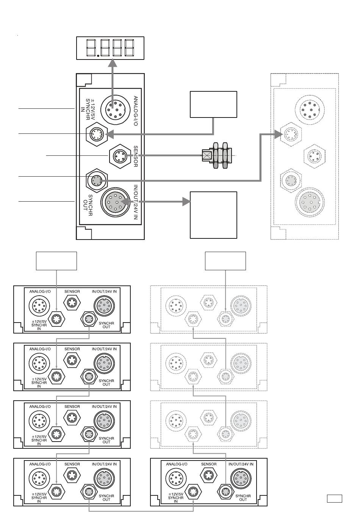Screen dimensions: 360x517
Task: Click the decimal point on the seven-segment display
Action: pyautogui.click(x=98, y=56)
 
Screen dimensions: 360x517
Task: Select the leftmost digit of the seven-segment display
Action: pyautogui.click(x=91, y=48)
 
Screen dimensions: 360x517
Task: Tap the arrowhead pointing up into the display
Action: pyautogui.click(x=113, y=63)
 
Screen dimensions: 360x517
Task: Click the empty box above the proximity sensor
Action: pyautogui.click(x=213, y=104)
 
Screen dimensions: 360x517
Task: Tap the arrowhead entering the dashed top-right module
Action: pyautogui.click(x=278, y=134)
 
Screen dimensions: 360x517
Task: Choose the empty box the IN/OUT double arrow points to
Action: pyautogui.click(x=213, y=215)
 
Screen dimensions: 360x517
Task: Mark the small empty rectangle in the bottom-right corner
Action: pyautogui.click(x=334, y=498)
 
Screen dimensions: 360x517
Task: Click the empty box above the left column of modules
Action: pyautogui.click(x=56, y=261)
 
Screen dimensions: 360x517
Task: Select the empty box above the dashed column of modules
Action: pyautogui.click(x=225, y=261)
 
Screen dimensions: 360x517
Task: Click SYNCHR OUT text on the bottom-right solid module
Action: pyautogui.click(x=243, y=498)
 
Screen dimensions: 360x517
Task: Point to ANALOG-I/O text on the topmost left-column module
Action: pyautogui.click(x=40, y=291)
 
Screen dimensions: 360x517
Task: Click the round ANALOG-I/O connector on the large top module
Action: pyautogui.click(x=115, y=110)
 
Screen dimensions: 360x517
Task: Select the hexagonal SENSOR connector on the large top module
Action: pyautogui.click(x=120, y=156)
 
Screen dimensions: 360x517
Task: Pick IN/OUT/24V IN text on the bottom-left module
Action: pyautogui.click(x=104, y=464)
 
